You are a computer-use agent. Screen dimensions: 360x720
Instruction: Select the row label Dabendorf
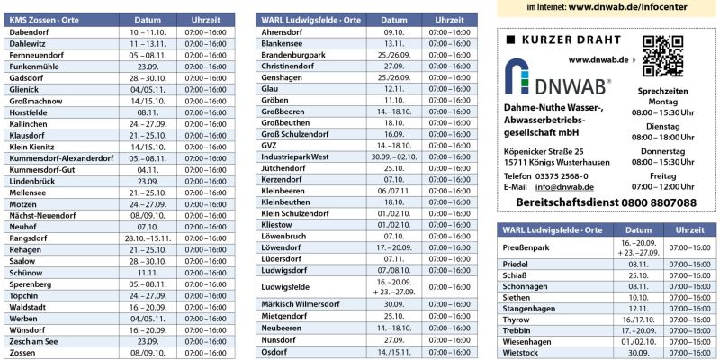click(30, 31)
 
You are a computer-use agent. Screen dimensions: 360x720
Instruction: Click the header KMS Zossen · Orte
click(46, 19)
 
